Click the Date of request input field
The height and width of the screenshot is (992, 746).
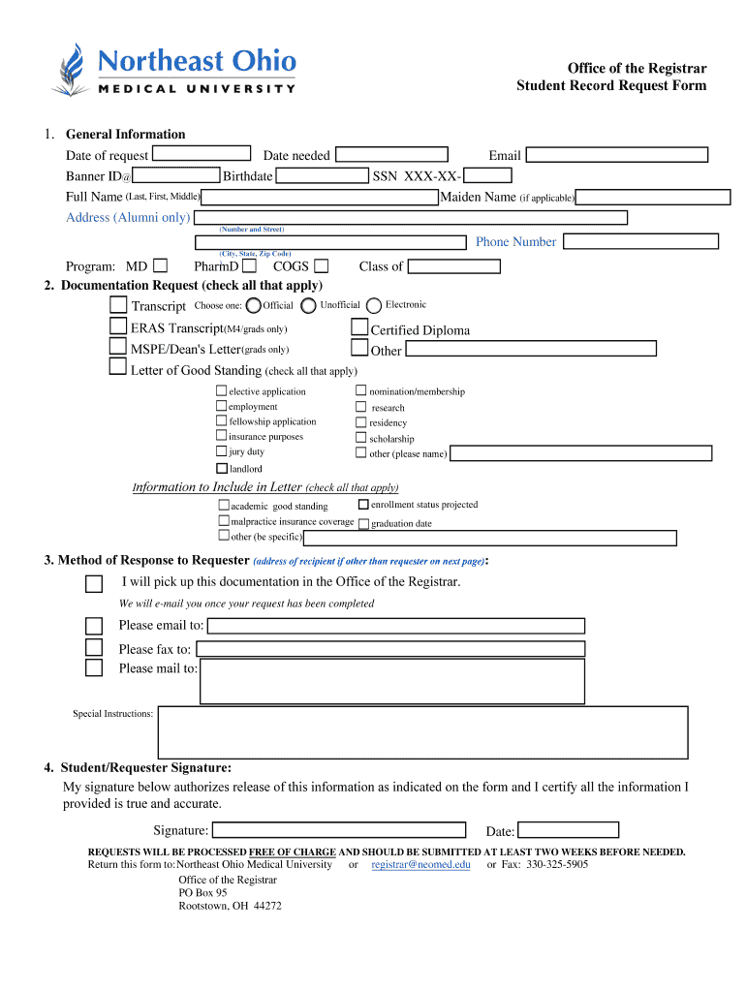point(202,153)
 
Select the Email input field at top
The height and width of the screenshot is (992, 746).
point(616,155)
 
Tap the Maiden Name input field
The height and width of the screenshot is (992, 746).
point(653,198)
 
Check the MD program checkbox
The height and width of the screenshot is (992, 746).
point(160,264)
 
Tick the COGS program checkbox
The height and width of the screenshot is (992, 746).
point(321,265)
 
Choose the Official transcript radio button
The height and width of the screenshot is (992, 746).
point(254,305)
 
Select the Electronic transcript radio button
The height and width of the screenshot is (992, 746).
point(375,305)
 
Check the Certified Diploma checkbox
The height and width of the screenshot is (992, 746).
point(359,328)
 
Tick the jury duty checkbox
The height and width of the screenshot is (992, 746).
point(222,451)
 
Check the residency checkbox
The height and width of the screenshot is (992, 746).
point(360,422)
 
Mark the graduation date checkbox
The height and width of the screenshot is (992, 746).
point(363,524)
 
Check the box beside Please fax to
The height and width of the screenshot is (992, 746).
point(94,648)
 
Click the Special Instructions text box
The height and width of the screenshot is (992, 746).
point(422,730)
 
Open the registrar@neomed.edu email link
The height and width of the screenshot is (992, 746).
point(420,864)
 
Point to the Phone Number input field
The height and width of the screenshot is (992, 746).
point(639,241)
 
